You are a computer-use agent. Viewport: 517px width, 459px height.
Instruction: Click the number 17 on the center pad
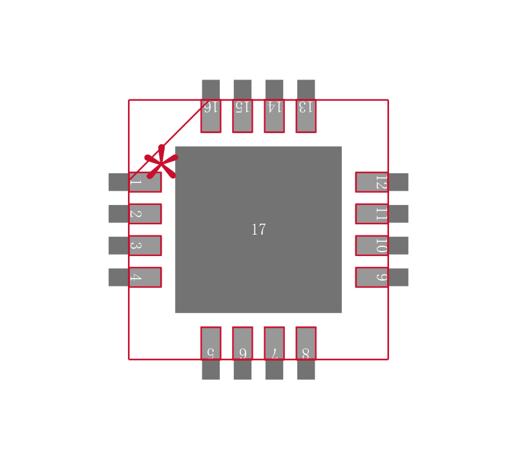coord(258,229)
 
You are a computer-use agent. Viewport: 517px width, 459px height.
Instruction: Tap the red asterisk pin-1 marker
coord(161,162)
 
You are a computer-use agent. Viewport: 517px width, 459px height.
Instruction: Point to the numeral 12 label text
coord(381,182)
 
